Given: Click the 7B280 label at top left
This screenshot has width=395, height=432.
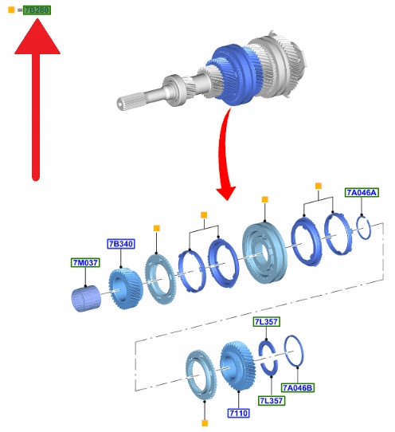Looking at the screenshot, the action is pos(37,10).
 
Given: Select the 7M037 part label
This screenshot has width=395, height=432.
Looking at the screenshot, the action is pos(85,262).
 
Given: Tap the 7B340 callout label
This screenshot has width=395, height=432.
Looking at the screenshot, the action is pos(121,244).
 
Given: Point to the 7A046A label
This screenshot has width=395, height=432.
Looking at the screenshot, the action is pos(362,192).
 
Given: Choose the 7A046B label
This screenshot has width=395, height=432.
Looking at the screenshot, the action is pos(298,387).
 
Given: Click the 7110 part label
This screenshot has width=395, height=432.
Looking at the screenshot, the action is pos(239,413).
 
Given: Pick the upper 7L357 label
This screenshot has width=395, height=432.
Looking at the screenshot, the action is pos(267,321).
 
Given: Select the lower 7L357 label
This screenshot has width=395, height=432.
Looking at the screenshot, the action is pos(272,401).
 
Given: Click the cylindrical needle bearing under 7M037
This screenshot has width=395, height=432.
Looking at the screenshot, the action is pos(86,299).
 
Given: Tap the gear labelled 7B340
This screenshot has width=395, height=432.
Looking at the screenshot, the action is pos(126,289).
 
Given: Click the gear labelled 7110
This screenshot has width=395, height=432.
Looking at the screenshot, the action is pos(238,366).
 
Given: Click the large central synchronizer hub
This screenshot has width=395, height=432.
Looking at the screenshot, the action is pos(265,252).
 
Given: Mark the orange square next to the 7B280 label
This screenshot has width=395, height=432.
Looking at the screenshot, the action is pos(11,10).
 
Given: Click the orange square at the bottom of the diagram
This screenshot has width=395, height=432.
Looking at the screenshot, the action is pos(205,423).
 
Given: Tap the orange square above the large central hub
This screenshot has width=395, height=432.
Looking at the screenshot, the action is pos(265,199).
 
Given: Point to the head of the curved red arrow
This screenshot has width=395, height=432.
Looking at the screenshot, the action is pos(226,193).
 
